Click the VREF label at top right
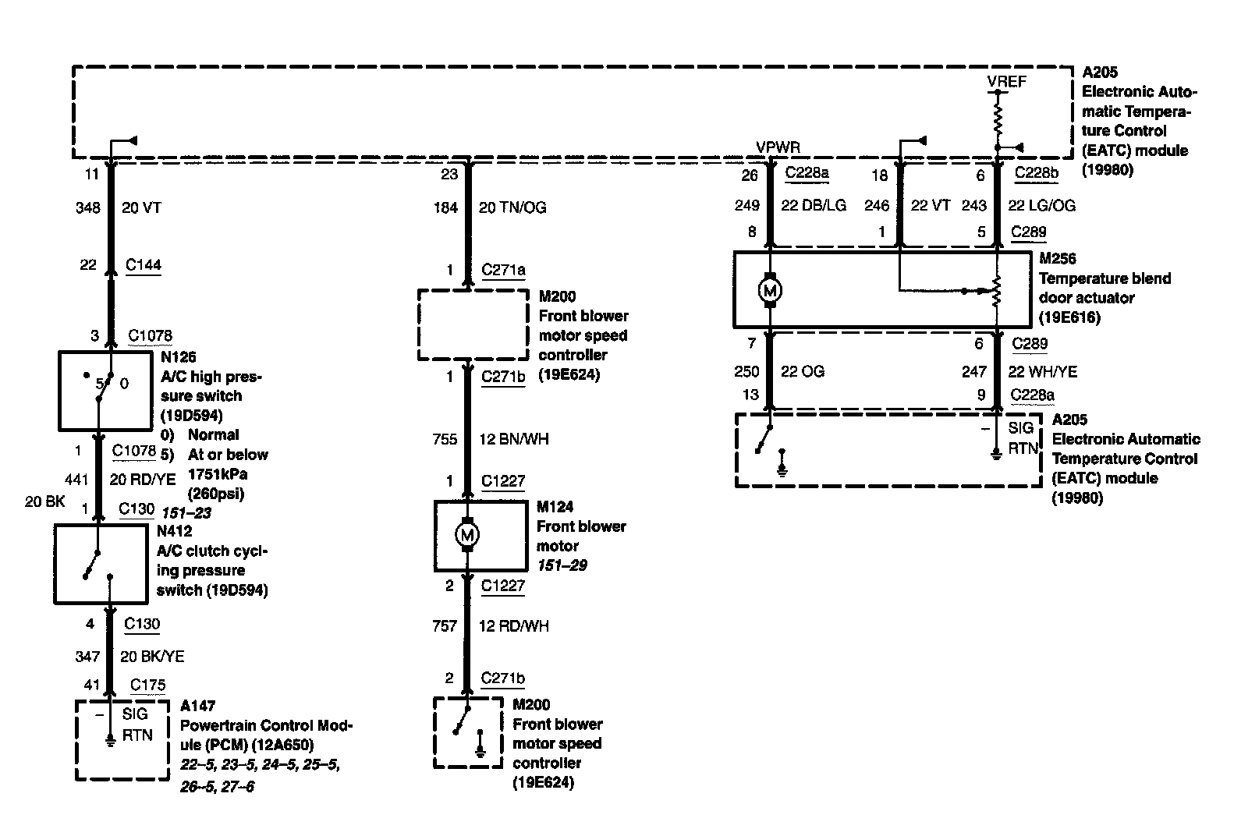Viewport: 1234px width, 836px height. pyautogui.click(x=1006, y=82)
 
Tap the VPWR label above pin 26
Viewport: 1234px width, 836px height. pyautogui.click(x=778, y=147)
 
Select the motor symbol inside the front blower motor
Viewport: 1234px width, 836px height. pyautogui.click(x=468, y=535)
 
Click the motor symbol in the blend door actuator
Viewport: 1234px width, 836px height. pyautogui.click(x=770, y=290)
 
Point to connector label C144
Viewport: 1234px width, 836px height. pyautogui.click(x=144, y=265)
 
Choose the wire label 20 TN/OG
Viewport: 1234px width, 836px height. pyautogui.click(x=512, y=207)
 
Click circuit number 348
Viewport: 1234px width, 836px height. pyautogui.click(x=87, y=207)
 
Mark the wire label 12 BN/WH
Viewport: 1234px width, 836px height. pyautogui.click(x=513, y=439)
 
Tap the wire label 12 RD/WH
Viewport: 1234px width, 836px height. pyautogui.click(x=513, y=626)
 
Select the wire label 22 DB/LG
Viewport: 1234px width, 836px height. pyautogui.click(x=814, y=206)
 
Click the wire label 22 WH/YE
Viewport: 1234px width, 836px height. pyautogui.click(x=1042, y=372)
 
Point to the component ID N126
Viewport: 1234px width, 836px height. pyautogui.click(x=179, y=358)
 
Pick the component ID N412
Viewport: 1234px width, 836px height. pyautogui.click(x=175, y=532)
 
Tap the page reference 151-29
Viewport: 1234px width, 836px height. pyautogui.click(x=562, y=565)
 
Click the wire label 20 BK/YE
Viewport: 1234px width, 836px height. pyautogui.click(x=152, y=657)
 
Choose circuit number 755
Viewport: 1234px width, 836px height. pyautogui.click(x=445, y=439)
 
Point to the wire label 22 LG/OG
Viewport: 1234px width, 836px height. pyautogui.click(x=1041, y=206)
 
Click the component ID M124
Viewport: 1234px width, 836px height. pyautogui.click(x=555, y=507)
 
